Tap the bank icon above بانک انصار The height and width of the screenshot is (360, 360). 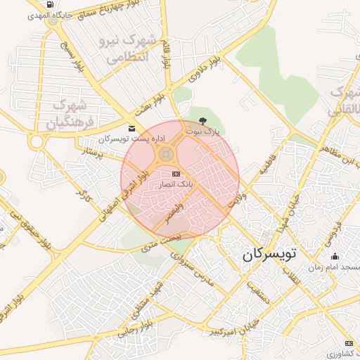176,174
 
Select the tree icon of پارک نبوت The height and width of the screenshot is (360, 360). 203,122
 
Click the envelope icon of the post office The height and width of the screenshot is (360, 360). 132,127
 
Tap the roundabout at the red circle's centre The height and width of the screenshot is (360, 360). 167,153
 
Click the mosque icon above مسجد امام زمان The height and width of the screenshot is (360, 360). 335,256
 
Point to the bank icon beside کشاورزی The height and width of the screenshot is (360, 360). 349,342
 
